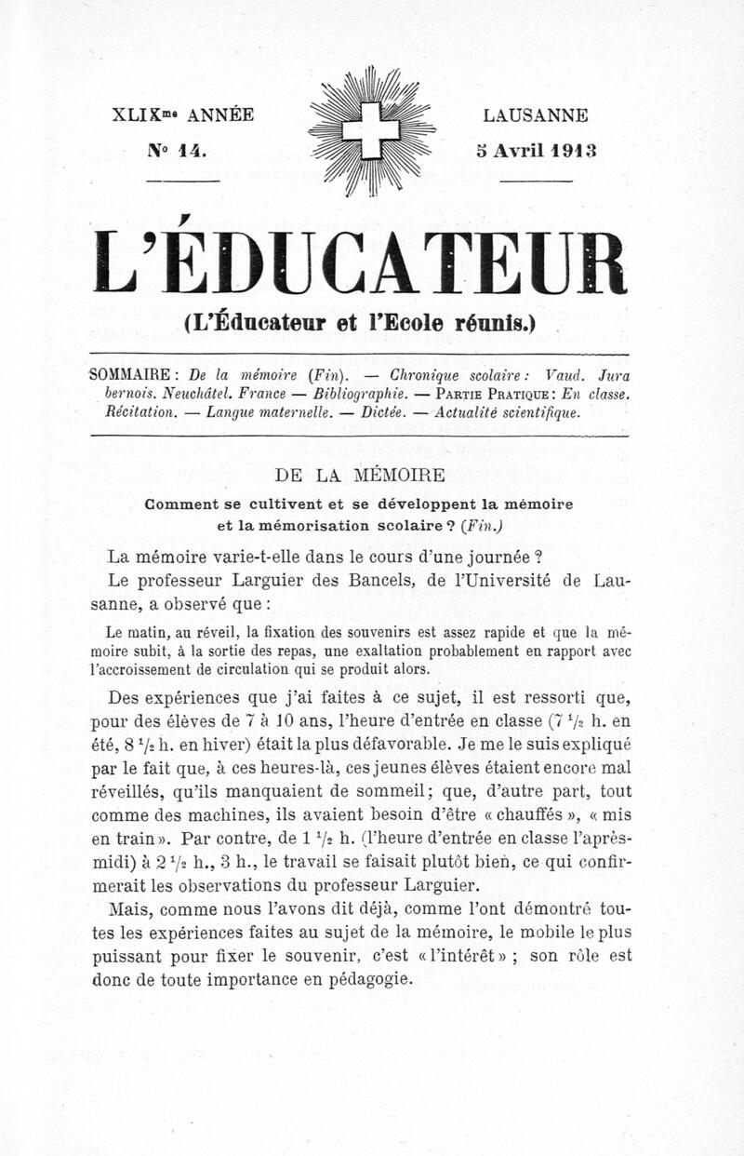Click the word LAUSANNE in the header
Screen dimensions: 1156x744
(x=535, y=116)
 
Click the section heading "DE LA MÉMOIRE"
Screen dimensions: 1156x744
(x=361, y=475)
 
